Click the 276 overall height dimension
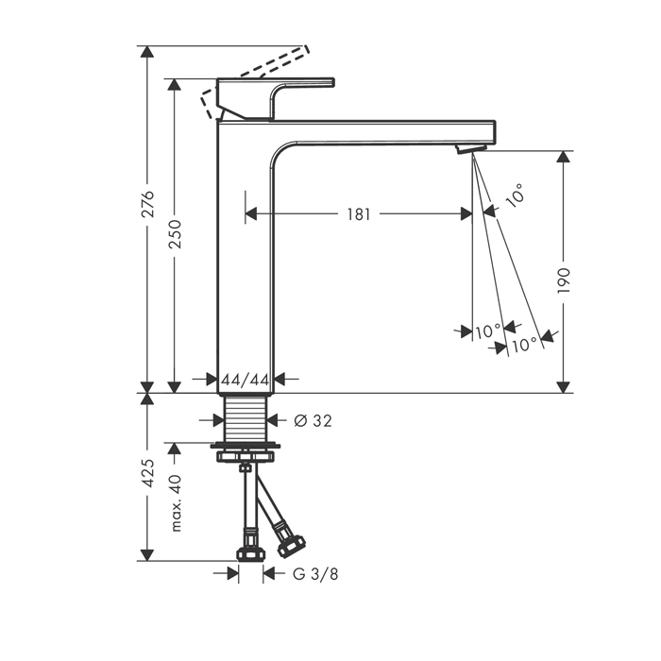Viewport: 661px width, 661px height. pos(147,204)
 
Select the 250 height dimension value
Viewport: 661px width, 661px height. pos(175,233)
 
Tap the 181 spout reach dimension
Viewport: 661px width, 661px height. pos(358,214)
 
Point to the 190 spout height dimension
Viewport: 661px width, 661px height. pos(564,280)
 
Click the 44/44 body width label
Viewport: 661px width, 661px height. pos(246,381)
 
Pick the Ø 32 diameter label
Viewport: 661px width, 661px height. pos(313,421)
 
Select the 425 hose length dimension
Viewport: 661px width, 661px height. pos(147,473)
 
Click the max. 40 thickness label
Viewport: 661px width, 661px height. pos(176,503)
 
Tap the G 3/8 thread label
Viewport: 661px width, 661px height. pos(315,574)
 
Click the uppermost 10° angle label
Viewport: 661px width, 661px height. pos(515,195)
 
